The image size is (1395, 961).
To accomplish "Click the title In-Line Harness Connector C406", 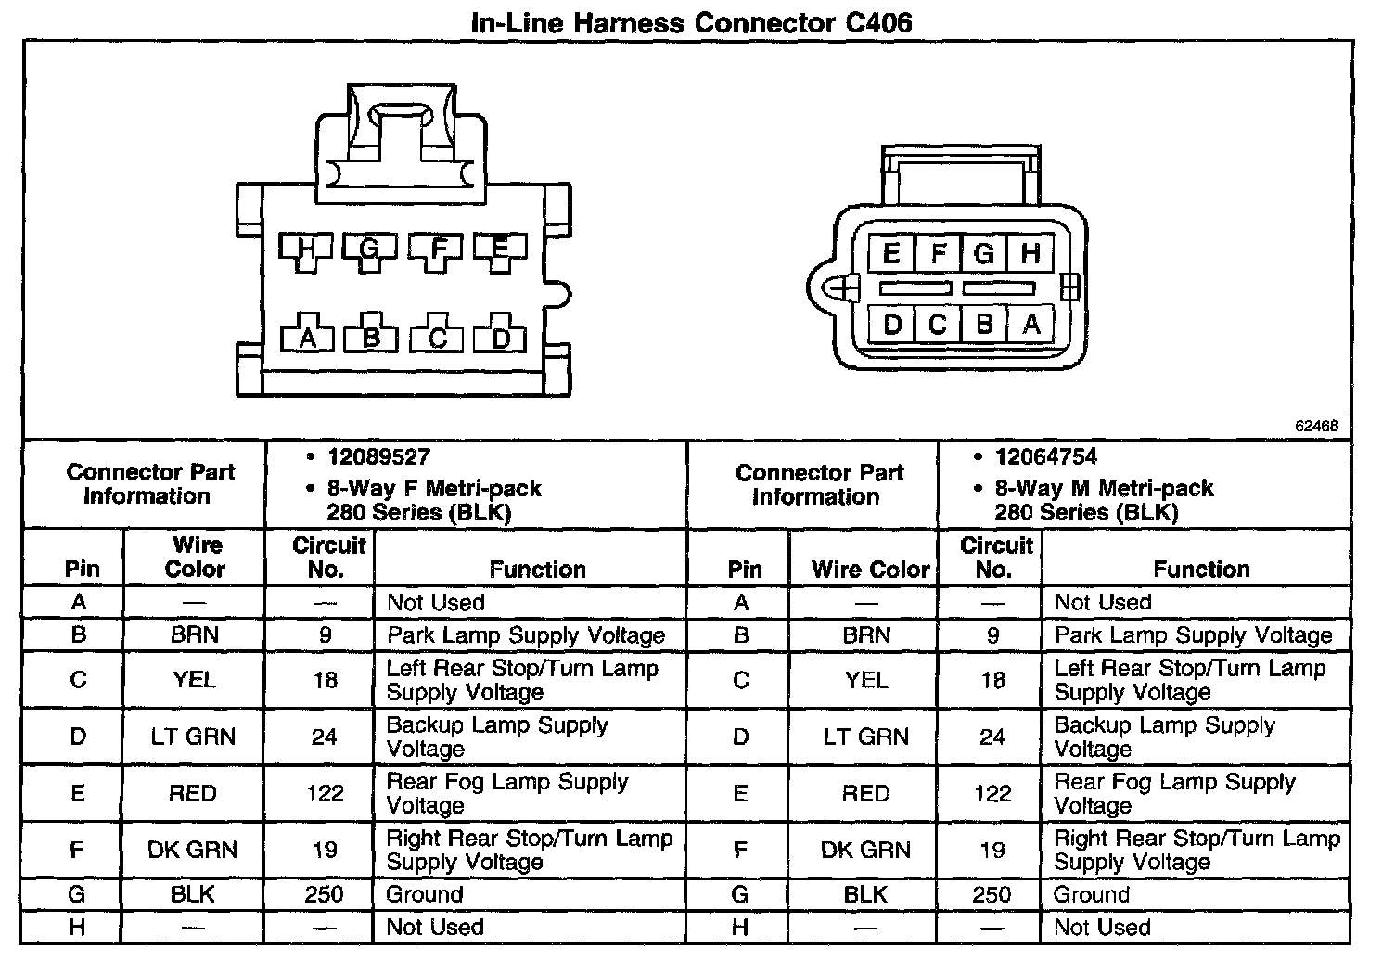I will click(x=691, y=21).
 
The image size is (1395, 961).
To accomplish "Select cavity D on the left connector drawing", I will click(x=501, y=339).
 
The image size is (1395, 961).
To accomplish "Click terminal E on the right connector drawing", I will click(x=891, y=253).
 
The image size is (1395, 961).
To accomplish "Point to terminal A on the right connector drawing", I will click(x=1030, y=324).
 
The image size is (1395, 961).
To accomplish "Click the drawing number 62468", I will click(x=1316, y=426).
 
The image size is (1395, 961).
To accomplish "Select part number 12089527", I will click(x=378, y=456).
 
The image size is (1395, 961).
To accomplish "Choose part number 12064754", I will click(x=1046, y=456).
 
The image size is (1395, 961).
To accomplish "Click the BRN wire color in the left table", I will click(x=194, y=635).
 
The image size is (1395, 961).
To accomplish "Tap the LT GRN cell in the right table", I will click(x=866, y=737).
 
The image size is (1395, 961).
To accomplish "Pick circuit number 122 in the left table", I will click(x=325, y=793).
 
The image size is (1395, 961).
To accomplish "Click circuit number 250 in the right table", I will click(x=992, y=894).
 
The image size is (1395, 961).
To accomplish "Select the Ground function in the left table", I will click(x=425, y=894).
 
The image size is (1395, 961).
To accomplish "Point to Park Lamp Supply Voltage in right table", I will click(x=1193, y=635).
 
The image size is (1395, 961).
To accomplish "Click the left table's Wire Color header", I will click(x=195, y=557).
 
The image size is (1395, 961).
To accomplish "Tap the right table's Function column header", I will click(x=1201, y=569).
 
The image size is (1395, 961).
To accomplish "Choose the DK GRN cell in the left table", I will click(x=192, y=850).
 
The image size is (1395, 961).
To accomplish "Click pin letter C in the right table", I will click(x=740, y=680).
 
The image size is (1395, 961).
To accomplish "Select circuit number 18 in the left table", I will click(x=325, y=680).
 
